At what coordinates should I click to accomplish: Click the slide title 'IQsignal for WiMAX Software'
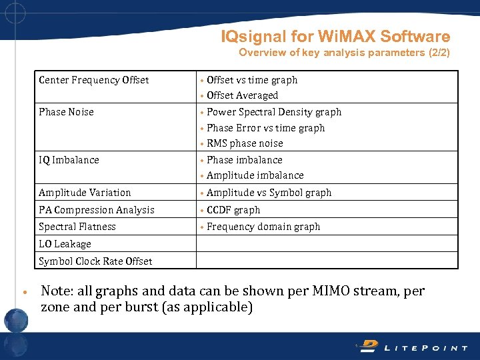click(x=335, y=37)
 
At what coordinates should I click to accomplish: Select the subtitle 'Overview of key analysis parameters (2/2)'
click(x=344, y=53)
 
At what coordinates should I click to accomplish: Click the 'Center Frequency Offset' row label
click(x=93, y=81)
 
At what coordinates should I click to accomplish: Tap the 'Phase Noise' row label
click(x=66, y=112)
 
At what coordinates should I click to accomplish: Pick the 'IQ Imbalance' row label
click(x=69, y=160)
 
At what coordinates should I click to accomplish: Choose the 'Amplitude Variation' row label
click(x=85, y=193)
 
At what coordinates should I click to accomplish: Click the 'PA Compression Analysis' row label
click(x=96, y=210)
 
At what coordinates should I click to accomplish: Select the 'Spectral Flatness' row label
click(x=77, y=227)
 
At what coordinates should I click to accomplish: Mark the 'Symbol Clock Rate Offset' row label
click(x=95, y=261)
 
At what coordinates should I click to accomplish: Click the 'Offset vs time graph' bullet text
click(x=252, y=80)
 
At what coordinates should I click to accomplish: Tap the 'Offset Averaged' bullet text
click(x=242, y=95)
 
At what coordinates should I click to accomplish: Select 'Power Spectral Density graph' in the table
click(x=274, y=112)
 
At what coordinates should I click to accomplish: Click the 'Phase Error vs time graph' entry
click(x=265, y=128)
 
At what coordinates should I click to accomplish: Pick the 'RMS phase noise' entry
click(x=245, y=143)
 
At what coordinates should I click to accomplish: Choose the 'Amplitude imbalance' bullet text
click(x=255, y=175)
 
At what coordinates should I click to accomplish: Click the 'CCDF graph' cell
click(x=233, y=210)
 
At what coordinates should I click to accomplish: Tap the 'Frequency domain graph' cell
click(x=263, y=227)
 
